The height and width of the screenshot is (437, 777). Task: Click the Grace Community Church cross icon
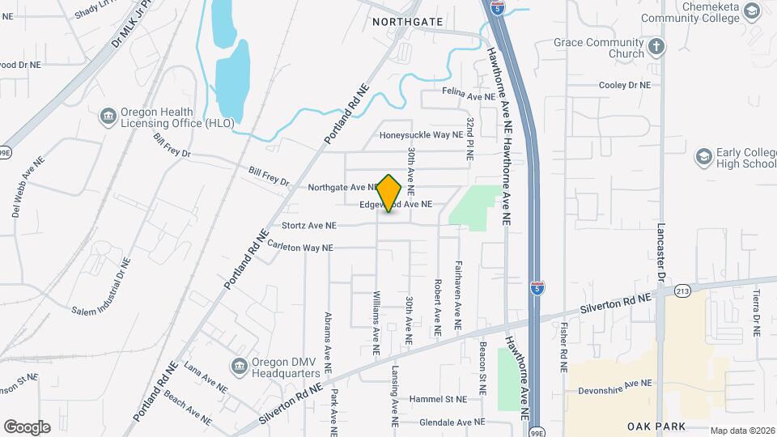(656, 47)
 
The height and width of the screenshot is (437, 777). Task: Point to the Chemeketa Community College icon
(752, 11)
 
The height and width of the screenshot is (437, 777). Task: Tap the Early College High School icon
(703, 156)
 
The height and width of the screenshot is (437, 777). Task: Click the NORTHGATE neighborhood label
(408, 23)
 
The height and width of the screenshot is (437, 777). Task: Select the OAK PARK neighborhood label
(656, 426)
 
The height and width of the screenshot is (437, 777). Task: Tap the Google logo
(27, 427)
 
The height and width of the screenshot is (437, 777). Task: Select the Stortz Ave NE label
(308, 226)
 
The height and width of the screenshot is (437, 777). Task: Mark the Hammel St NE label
(439, 400)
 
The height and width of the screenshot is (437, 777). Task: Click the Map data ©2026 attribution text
(741, 431)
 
